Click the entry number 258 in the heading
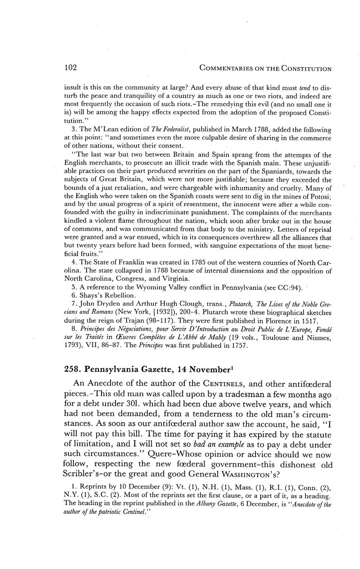pyautogui.click(x=73, y=369)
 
